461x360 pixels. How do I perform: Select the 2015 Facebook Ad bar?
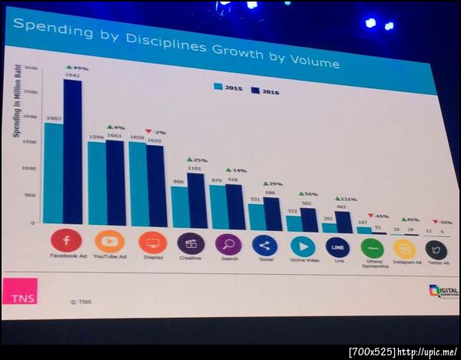(x=53, y=173)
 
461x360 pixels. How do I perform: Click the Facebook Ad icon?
(x=65, y=240)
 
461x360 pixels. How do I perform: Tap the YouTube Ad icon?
(x=109, y=242)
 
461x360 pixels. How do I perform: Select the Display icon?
(x=152, y=243)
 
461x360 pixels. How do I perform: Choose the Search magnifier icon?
(x=228, y=245)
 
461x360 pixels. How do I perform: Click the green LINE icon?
(x=337, y=247)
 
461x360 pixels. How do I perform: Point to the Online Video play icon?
(x=302, y=246)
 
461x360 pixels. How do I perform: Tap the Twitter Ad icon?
(x=436, y=250)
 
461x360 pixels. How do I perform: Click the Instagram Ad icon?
(x=404, y=249)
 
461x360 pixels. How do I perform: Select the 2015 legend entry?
(x=229, y=88)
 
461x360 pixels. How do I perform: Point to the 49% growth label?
(x=77, y=68)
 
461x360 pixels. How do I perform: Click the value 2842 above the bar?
(x=73, y=75)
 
